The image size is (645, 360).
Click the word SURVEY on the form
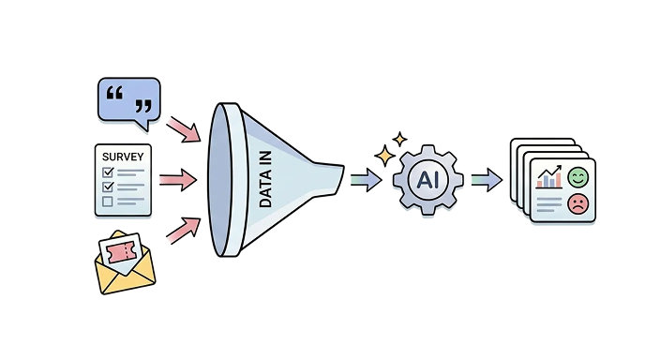[122, 155]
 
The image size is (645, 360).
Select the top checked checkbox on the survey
[107, 172]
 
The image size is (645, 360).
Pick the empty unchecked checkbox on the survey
[107, 201]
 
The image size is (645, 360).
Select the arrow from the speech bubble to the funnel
[184, 128]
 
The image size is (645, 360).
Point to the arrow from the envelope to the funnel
[184, 228]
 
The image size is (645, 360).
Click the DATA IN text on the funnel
[265, 178]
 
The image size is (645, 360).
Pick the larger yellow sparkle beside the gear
[384, 155]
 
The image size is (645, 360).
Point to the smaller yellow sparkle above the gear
[400, 139]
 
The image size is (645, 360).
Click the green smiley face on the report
[577, 175]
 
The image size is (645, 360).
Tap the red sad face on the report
[577, 203]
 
